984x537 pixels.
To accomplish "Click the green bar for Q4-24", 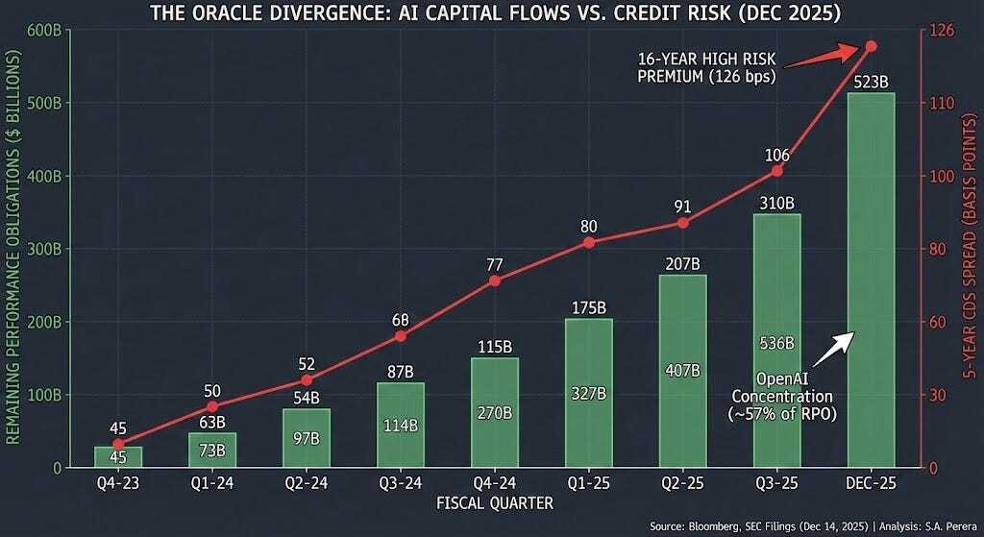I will (x=494, y=413).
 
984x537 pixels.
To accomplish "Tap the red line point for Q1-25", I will (x=588, y=242).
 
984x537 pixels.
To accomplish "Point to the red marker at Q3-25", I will (x=777, y=171).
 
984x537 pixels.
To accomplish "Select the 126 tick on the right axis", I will (x=943, y=30).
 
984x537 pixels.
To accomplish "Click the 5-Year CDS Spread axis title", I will (x=969, y=248).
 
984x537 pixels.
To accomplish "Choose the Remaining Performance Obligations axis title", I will (x=12, y=248).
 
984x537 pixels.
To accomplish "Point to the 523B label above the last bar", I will (x=871, y=81).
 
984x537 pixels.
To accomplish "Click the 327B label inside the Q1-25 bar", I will (x=588, y=394).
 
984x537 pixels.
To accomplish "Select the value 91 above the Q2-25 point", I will (x=682, y=205).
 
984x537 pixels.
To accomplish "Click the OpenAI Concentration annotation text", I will (x=782, y=394).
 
